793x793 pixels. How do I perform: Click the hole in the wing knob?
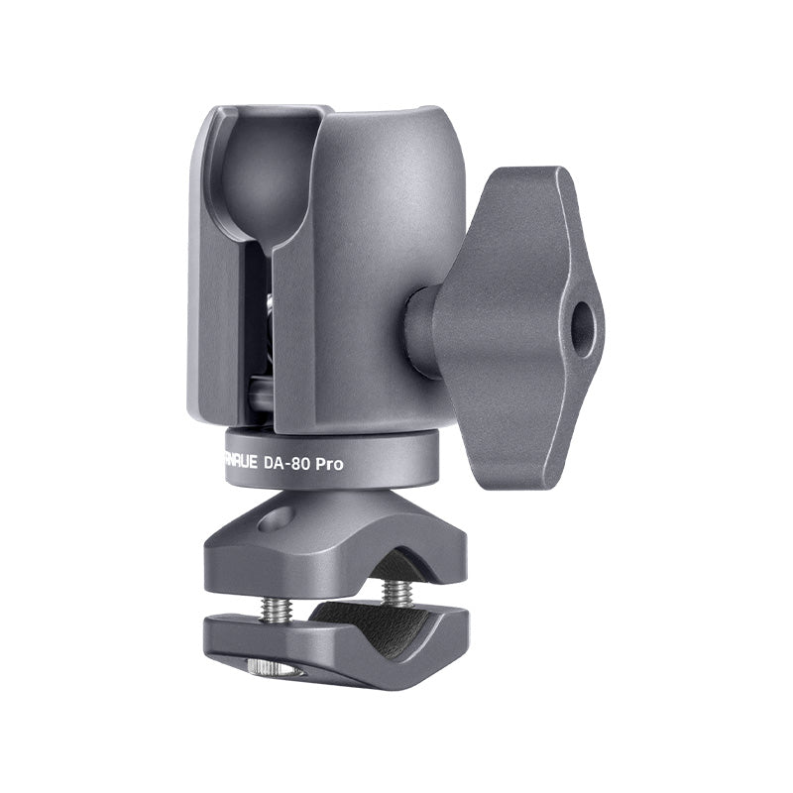[586, 320]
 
